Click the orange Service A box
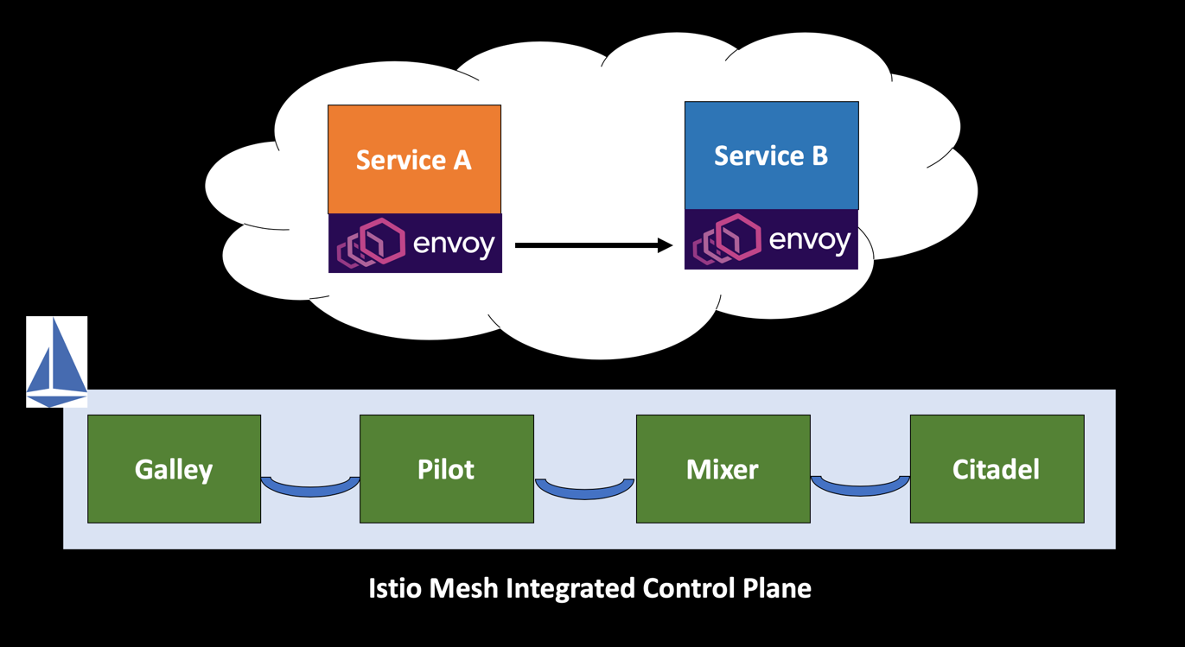coord(414,159)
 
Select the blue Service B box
coord(771,155)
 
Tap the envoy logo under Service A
coord(415,244)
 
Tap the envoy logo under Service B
coord(771,239)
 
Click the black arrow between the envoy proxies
coord(588,245)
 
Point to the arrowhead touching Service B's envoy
coord(666,245)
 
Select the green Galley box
coord(174,469)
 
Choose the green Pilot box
coord(446,469)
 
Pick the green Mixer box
coord(723,469)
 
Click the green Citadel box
coord(996,469)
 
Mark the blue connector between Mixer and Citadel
coord(860,486)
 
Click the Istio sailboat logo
coord(57,362)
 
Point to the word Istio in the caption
coord(393,588)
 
